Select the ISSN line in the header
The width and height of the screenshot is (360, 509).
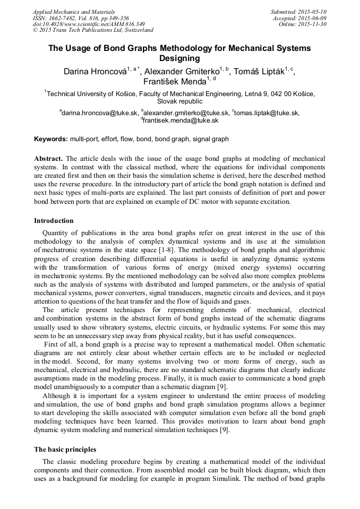(x=80, y=18)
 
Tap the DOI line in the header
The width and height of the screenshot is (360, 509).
(x=89, y=24)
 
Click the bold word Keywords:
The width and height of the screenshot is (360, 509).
(x=51, y=139)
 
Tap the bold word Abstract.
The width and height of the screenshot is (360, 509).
(x=49, y=159)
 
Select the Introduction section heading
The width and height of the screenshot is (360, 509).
(x=54, y=220)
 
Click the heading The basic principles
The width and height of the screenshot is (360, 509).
(x=65, y=449)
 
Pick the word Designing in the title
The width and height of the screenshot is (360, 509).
(x=179, y=58)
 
